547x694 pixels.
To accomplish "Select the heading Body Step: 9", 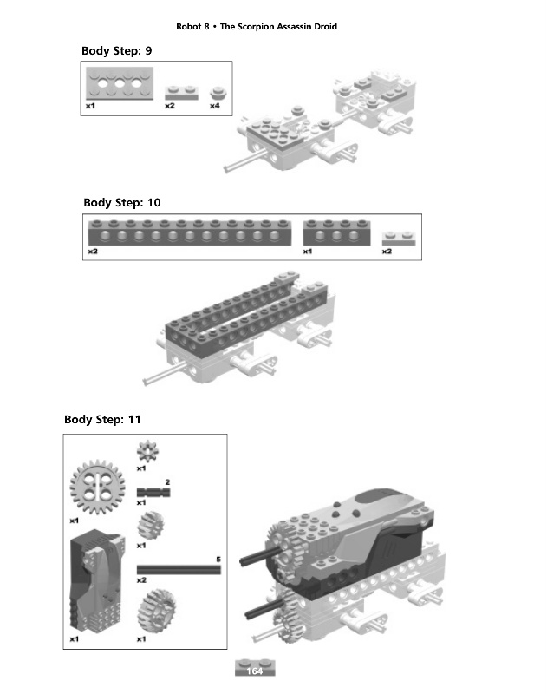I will click(117, 51).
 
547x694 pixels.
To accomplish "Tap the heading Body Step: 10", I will click(122, 202).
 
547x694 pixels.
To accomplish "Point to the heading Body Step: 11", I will click(102, 420).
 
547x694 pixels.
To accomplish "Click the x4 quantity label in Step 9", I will click(214, 107).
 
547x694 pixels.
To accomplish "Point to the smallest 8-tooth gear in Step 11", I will click(145, 452).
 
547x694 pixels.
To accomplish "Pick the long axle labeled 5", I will click(179, 569).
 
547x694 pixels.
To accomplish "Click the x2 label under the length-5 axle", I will click(141, 579).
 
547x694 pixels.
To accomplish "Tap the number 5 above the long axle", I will click(218, 559).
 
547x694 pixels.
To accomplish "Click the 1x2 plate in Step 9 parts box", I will click(182, 91).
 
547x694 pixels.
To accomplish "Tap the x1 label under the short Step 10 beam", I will click(308, 252).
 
